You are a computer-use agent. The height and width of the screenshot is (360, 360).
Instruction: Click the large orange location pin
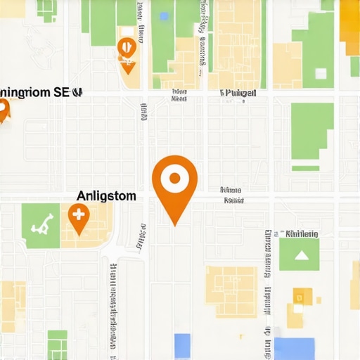174,181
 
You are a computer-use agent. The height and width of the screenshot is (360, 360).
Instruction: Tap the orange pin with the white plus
78,217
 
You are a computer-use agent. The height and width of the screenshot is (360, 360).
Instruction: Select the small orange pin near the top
127,51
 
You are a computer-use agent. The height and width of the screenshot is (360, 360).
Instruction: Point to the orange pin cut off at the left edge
3,110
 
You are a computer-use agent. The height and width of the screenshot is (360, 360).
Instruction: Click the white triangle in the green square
301,255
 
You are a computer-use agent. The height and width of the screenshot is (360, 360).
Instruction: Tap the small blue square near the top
164,16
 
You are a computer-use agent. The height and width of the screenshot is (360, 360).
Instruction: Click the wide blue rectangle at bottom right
294,349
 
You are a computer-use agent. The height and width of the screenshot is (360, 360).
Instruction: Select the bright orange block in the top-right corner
349,21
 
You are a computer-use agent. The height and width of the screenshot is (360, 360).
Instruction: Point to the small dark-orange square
302,297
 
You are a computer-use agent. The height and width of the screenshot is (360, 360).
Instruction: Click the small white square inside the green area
321,73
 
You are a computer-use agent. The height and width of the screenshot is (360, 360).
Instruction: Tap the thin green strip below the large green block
305,168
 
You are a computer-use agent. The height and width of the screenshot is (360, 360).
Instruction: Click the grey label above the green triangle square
302,233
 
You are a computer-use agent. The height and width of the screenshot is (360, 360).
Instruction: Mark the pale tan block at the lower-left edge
12,306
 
